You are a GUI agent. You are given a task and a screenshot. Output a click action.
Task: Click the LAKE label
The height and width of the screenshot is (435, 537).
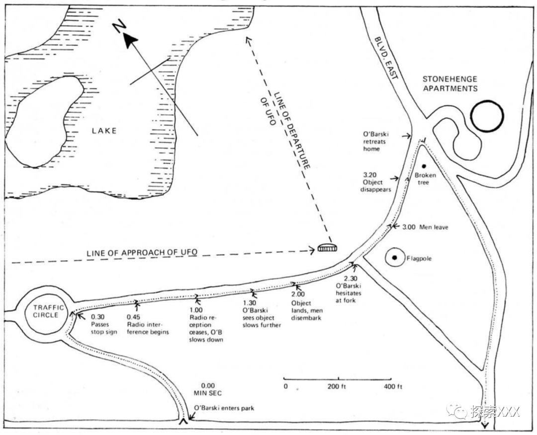coord(104,131)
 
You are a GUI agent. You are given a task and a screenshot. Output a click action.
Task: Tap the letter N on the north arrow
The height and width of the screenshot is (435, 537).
coord(118,27)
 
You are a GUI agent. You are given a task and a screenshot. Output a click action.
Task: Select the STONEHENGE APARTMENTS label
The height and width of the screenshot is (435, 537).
coord(449,83)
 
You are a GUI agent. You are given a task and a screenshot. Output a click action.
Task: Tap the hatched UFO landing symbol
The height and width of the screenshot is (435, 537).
coord(327,248)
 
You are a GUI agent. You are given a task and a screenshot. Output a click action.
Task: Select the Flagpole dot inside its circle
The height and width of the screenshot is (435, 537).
coord(394,258)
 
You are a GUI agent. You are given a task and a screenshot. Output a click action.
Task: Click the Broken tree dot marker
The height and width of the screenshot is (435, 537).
coord(424,166)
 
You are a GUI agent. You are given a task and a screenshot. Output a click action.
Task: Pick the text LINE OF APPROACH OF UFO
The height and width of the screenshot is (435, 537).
coord(142,253)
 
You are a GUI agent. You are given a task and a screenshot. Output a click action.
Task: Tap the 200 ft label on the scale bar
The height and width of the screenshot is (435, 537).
coord(337,386)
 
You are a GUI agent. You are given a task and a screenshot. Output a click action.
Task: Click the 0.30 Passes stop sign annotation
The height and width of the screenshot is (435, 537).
coord(104,325)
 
